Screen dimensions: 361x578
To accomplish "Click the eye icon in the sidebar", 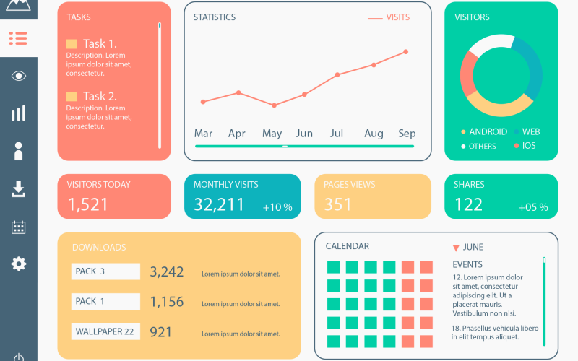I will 19,76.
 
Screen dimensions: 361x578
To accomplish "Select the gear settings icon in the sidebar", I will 19,264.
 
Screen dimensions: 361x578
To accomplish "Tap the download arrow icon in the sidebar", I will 19,189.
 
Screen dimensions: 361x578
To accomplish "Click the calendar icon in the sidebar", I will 19,227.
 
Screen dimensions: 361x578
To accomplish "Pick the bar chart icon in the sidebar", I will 19,113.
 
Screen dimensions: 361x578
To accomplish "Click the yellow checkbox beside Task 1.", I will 72,44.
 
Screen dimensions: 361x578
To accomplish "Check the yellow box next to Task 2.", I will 72,97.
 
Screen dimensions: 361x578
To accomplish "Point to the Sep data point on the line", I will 406,52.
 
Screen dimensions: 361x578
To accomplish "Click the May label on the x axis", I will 272,134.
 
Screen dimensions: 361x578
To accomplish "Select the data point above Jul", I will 337,74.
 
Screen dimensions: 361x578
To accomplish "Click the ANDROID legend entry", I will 488,132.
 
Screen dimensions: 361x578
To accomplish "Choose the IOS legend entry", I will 528,146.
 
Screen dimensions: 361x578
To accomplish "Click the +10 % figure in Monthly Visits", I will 277,208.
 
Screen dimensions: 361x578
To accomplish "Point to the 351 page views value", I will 337,205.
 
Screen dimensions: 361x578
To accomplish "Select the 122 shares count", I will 468,205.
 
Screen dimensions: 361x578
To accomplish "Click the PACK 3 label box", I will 105,271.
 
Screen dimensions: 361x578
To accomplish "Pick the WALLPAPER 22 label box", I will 105,332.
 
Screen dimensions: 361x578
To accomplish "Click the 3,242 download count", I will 167,272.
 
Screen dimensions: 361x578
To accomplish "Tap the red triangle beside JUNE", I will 456,248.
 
